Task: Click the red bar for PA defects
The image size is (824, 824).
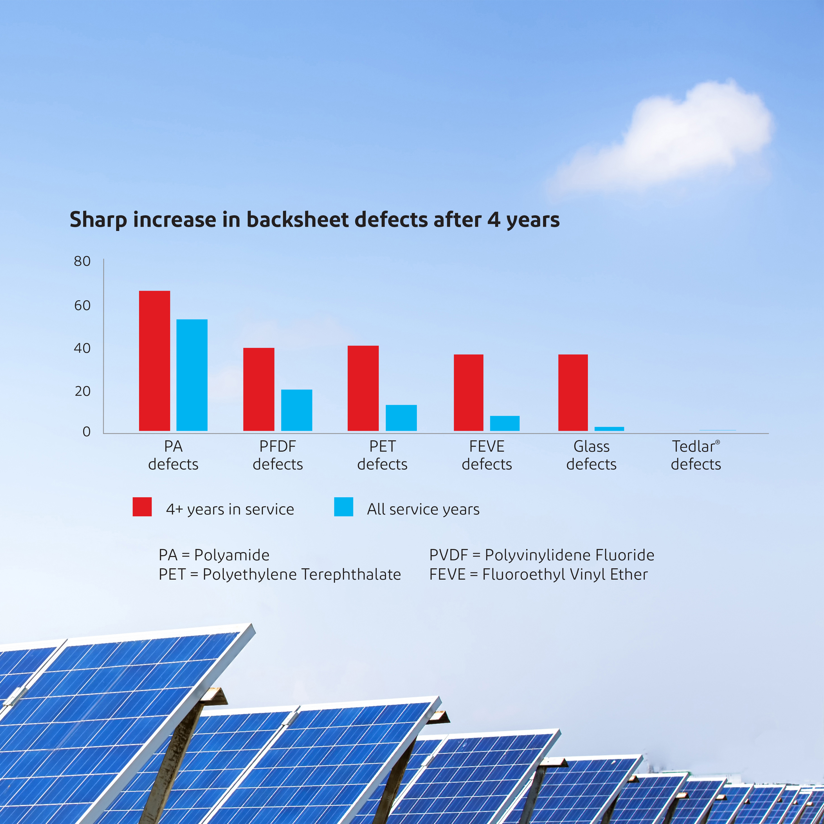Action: click(x=154, y=361)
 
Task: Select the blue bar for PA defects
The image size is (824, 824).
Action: click(x=192, y=375)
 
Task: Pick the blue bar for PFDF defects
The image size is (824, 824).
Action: click(x=296, y=410)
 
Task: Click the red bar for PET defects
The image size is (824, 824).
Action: click(x=363, y=388)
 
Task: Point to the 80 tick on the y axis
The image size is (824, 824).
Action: click(x=82, y=261)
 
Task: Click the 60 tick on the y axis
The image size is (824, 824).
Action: click(x=82, y=305)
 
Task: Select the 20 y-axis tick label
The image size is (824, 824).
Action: click(x=82, y=391)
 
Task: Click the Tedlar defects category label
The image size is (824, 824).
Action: click(x=696, y=455)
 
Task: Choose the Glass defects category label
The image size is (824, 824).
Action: click(x=592, y=455)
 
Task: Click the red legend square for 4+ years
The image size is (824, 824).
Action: click(x=142, y=507)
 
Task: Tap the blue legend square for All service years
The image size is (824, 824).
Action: click(x=344, y=507)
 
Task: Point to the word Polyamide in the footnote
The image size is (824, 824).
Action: click(x=232, y=555)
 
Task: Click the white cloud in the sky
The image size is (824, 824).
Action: click(x=665, y=139)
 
